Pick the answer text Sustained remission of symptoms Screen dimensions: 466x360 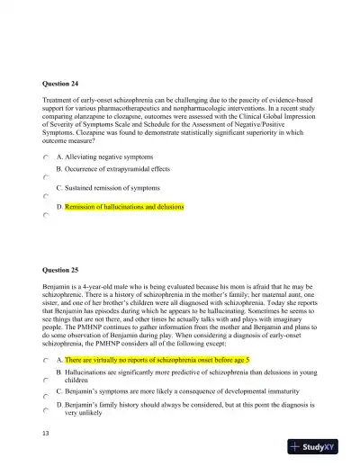112,188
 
